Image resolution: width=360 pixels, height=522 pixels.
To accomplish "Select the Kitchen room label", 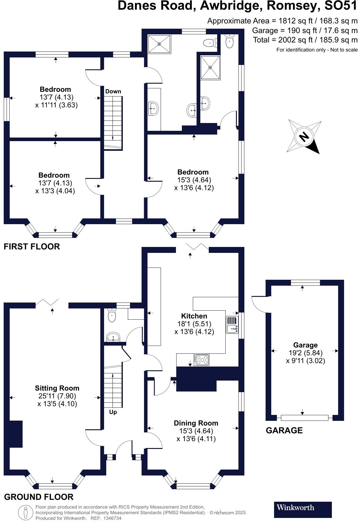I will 194,316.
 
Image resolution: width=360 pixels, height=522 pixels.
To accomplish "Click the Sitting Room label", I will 57,388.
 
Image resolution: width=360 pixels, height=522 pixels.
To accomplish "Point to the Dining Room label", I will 196,423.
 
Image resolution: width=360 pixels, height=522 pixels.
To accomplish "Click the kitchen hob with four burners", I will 202,360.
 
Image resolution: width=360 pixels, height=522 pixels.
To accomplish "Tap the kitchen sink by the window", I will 232,325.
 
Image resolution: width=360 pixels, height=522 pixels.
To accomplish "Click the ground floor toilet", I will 112,315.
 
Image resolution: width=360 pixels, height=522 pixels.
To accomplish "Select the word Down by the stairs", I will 113,91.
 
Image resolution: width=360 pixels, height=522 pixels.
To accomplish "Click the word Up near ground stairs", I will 113,412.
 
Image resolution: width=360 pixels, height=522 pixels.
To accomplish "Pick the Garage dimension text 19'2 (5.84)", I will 305,353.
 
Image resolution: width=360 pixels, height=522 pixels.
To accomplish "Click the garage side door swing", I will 259,303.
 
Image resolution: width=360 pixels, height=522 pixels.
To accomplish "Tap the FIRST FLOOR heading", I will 32,247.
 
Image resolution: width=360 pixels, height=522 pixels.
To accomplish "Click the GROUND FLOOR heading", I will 39,497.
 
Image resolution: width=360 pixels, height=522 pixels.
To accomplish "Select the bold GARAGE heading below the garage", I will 284,431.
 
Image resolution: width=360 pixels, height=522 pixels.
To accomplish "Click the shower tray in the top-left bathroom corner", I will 159,44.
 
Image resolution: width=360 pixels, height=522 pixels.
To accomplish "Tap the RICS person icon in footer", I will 26,513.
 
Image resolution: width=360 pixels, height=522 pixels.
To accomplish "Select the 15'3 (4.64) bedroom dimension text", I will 194,180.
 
